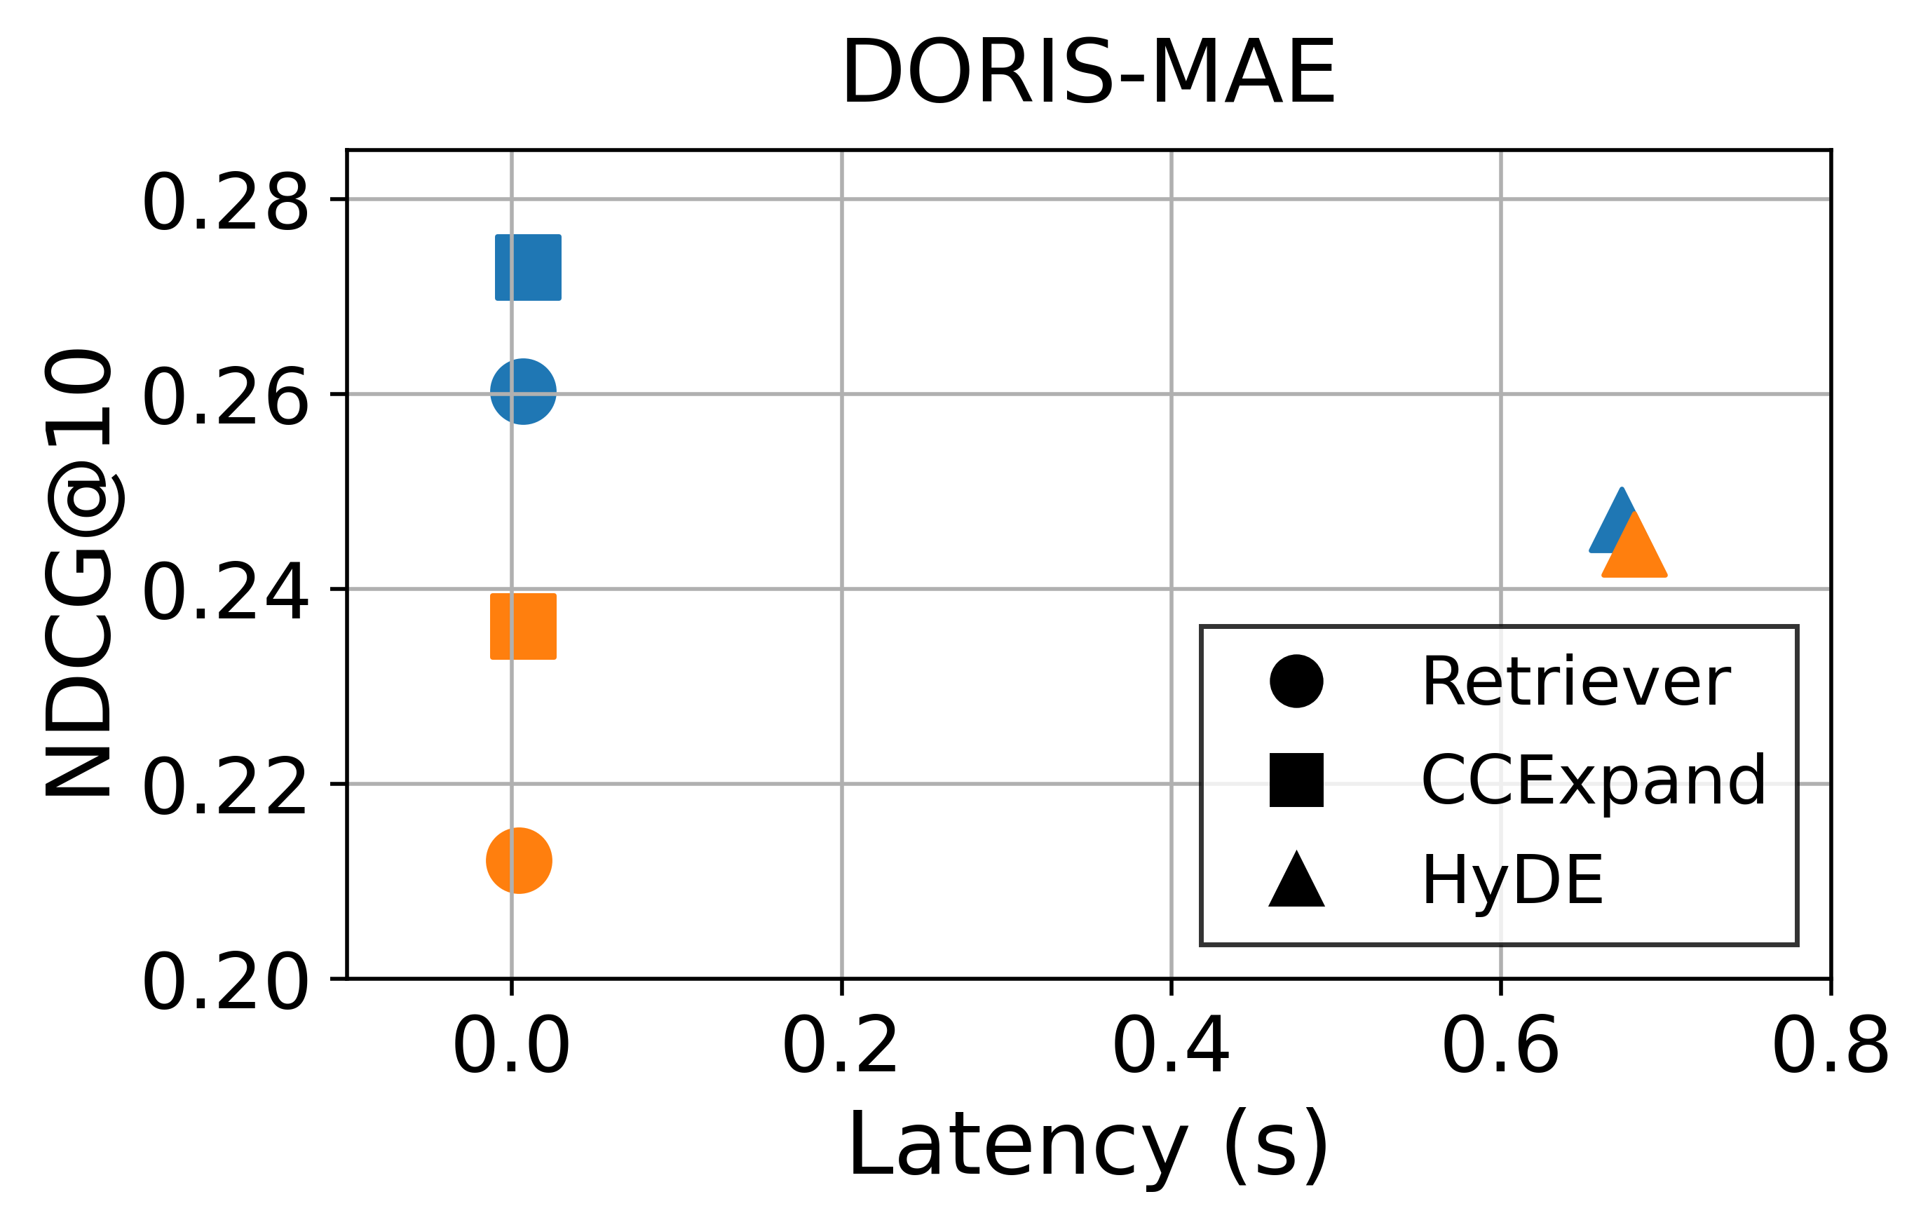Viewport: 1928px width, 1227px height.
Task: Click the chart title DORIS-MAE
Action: click(x=1088, y=74)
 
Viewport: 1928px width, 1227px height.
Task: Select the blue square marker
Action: click(x=529, y=268)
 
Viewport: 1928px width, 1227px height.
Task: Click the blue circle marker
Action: click(x=523, y=392)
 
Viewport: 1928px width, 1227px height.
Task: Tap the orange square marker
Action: click(x=523, y=626)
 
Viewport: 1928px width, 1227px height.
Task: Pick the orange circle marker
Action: click(x=519, y=860)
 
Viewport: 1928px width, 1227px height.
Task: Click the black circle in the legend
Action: click(x=1296, y=682)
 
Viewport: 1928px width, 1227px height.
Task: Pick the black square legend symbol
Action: click(x=1296, y=780)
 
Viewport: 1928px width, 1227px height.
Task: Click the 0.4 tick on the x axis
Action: click(x=1171, y=1046)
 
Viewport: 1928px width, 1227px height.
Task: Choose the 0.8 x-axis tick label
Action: click(x=1831, y=1046)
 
